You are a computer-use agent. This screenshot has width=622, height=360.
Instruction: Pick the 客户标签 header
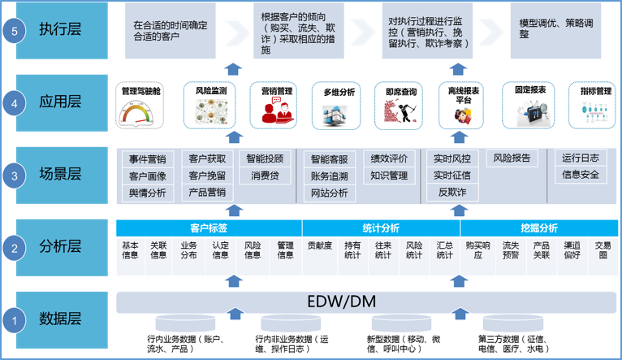point(208,228)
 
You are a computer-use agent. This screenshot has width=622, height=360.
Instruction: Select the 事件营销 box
point(147,158)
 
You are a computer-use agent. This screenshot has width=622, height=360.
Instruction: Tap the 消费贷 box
point(265,176)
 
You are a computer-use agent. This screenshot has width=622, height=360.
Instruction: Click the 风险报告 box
point(512,158)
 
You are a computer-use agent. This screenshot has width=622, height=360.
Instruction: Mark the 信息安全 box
point(580,175)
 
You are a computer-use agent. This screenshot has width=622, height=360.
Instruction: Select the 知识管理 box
point(389,176)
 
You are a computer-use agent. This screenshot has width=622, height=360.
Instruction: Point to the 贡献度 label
point(319,245)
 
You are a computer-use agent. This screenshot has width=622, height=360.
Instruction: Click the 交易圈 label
point(603,249)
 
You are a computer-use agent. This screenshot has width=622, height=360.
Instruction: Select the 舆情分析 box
point(147,193)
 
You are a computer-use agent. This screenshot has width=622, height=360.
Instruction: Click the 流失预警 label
point(511,249)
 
